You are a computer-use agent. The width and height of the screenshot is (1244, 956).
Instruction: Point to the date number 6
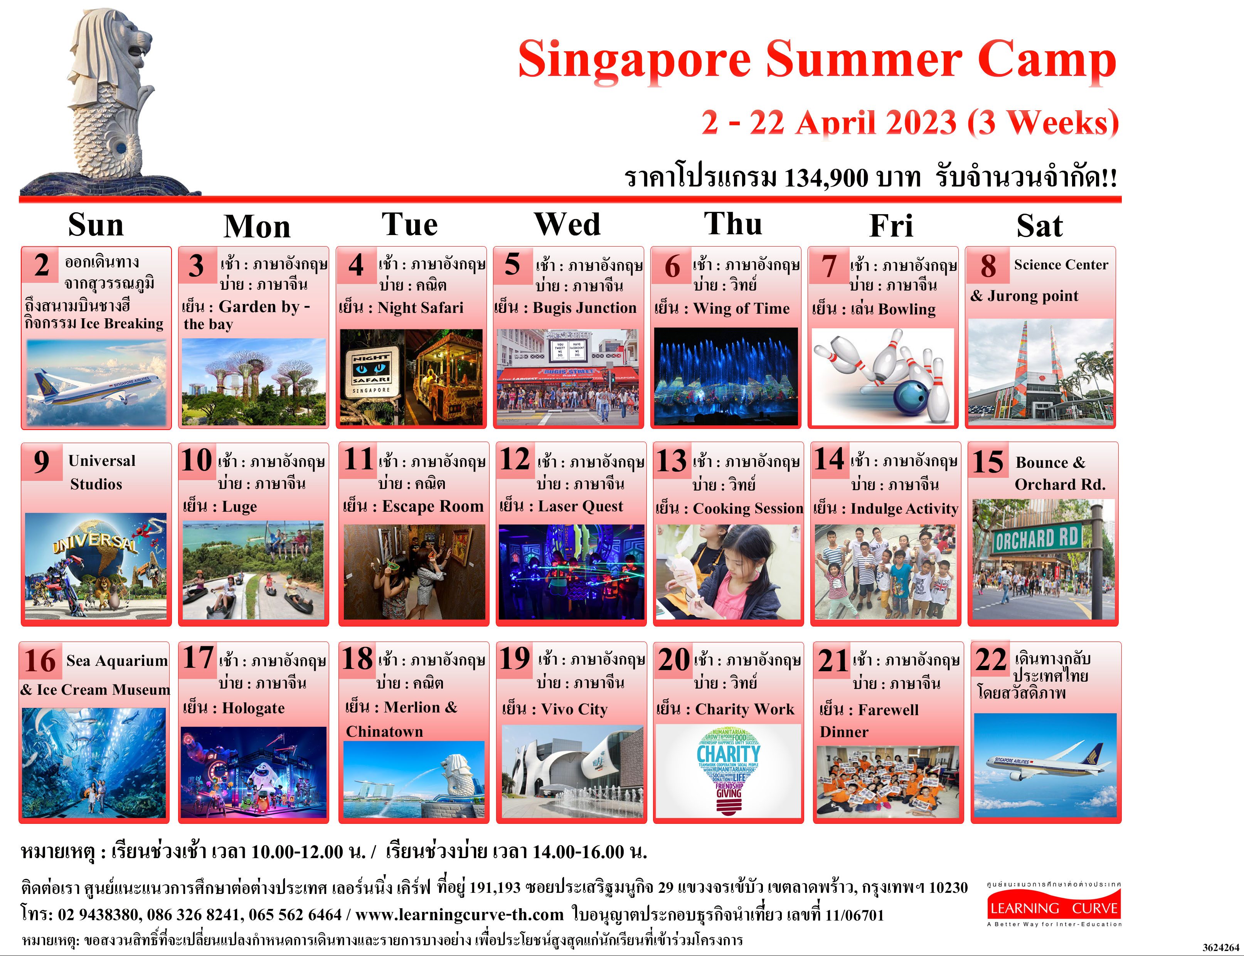pyautogui.click(x=672, y=266)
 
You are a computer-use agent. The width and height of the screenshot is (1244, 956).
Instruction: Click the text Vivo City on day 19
pyautogui.click(x=574, y=709)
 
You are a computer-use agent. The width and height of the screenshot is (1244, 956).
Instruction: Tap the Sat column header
pyautogui.click(x=1040, y=226)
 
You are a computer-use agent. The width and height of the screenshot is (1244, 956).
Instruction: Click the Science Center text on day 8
pyautogui.click(x=1061, y=265)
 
